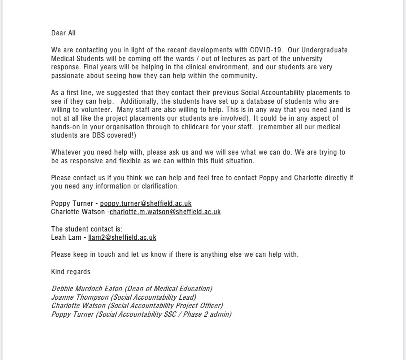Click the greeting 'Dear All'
(63, 33)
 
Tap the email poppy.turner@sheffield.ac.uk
(146, 203)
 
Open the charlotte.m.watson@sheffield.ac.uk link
(165, 212)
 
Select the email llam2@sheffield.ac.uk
(122, 237)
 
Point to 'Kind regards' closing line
(71, 272)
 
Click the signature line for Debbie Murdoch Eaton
(132, 289)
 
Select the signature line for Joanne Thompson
(124, 297)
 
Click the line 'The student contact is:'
(87, 229)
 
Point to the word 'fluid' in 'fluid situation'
(214, 161)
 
